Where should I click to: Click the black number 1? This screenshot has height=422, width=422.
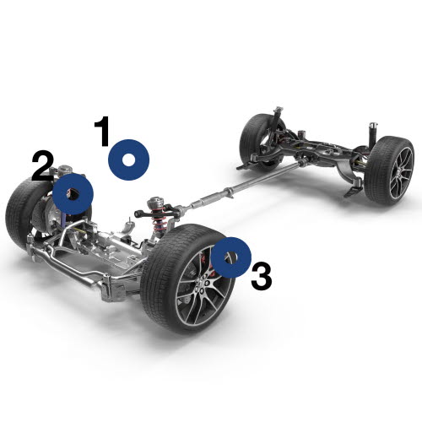pyautogui.click(x=102, y=133)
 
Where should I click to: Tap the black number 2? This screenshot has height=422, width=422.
pyautogui.click(x=42, y=166)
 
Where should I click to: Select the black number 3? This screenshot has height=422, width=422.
pyautogui.click(x=261, y=276)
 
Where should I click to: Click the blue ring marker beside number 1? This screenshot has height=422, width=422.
pyautogui.click(x=128, y=159)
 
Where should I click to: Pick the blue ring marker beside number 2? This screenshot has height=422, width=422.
pyautogui.click(x=73, y=194)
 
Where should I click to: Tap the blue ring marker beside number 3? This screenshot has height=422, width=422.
pyautogui.click(x=230, y=257)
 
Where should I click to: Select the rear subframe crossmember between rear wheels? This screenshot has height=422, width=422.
pyautogui.click(x=321, y=152)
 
